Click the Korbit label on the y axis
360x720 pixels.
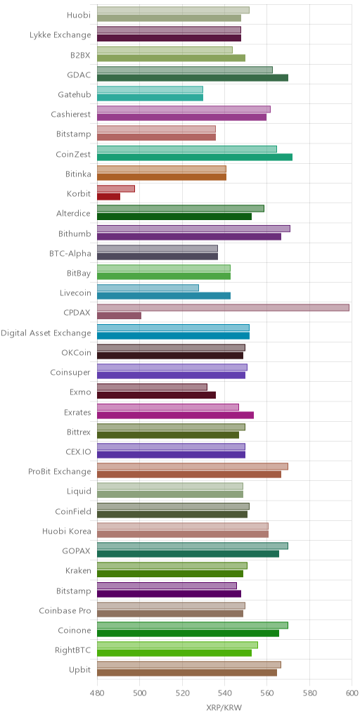click(x=79, y=194)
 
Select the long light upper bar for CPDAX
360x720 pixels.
click(x=223, y=308)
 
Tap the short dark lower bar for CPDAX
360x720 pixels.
click(x=120, y=316)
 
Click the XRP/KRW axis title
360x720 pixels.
click(x=224, y=707)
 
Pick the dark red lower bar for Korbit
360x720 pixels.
click(x=108, y=197)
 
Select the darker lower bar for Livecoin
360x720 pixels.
click(x=164, y=296)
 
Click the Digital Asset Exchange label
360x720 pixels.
click(x=46, y=333)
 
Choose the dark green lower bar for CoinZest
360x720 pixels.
click(x=195, y=157)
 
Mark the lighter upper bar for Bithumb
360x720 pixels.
click(x=194, y=229)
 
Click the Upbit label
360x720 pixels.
click(x=80, y=670)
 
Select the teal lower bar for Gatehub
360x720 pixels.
click(x=150, y=97)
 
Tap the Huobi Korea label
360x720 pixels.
click(x=67, y=532)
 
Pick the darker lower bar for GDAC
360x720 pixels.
click(x=193, y=77)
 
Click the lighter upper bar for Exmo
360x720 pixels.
click(x=153, y=387)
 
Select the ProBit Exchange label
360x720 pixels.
click(x=60, y=472)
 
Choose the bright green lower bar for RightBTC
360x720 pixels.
click(x=174, y=653)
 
